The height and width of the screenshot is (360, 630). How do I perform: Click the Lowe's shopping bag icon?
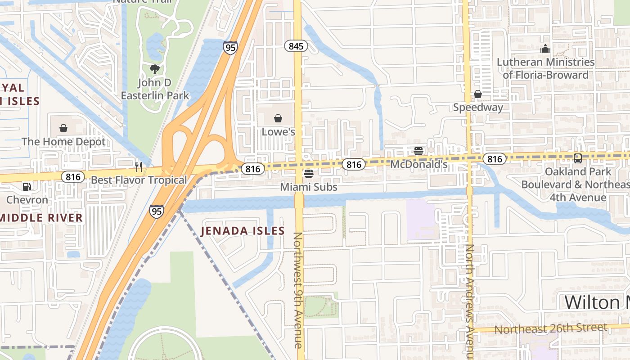coord(278,118)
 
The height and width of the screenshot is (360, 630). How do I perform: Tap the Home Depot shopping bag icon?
coord(63,128)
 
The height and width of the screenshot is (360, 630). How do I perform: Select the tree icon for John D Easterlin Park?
coord(154,69)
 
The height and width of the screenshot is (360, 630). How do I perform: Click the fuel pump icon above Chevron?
coord(27,186)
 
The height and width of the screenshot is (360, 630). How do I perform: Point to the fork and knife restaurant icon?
coord(139,167)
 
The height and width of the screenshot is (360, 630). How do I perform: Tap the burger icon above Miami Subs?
coord(308,173)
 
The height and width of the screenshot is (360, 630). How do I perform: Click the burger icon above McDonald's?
coord(418,151)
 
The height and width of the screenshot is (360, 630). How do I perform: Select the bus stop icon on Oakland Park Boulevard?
coord(577,158)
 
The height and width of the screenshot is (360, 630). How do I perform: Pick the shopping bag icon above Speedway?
coord(477,94)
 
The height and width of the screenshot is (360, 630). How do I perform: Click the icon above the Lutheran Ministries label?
coord(545,48)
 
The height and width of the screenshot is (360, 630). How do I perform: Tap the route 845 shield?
coord(296,45)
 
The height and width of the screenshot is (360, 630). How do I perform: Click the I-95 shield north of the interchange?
coord(230,48)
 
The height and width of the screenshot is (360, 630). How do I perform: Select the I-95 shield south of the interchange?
coord(157,211)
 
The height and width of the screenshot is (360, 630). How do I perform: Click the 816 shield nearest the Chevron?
coord(73,176)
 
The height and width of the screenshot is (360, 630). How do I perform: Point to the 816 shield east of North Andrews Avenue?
coord(495,158)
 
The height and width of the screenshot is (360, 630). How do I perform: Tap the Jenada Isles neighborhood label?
coord(243,231)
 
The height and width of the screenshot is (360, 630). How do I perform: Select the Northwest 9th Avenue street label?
coord(297,290)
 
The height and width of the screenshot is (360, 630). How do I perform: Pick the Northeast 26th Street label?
coord(551,328)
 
